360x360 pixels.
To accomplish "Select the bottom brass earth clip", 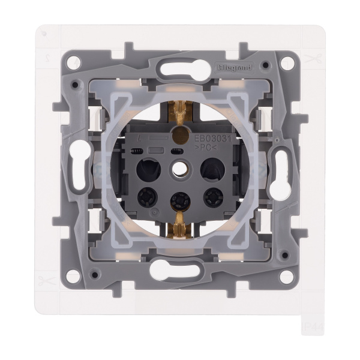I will (x=178, y=224).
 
